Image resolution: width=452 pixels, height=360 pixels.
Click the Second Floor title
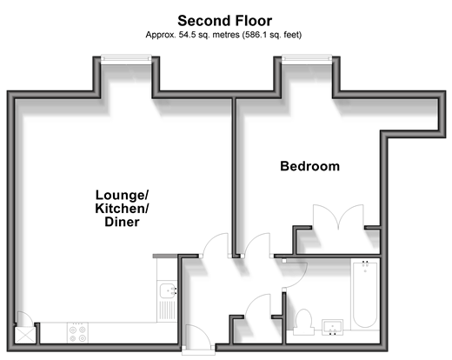tap(224, 21)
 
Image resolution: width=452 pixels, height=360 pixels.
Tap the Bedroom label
tap(309, 166)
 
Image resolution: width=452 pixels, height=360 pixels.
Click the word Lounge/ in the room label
tap(122, 195)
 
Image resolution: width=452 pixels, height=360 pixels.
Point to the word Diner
tap(122, 222)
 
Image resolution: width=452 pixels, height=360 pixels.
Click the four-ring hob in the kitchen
tap(77, 333)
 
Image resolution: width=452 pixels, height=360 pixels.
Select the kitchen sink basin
tap(168, 290)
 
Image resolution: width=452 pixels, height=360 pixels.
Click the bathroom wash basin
tap(332, 327)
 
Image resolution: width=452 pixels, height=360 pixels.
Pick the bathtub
tap(365, 294)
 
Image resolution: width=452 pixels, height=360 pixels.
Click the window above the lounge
tap(126, 59)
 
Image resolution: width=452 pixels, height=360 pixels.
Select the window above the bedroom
tap(307, 59)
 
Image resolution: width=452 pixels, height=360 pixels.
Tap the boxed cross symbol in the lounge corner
tap(25, 336)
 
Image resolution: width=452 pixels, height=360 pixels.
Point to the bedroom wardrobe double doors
tap(338, 217)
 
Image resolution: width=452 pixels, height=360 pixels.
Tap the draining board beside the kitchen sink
tap(167, 310)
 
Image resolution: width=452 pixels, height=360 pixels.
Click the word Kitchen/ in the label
tap(122, 209)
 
